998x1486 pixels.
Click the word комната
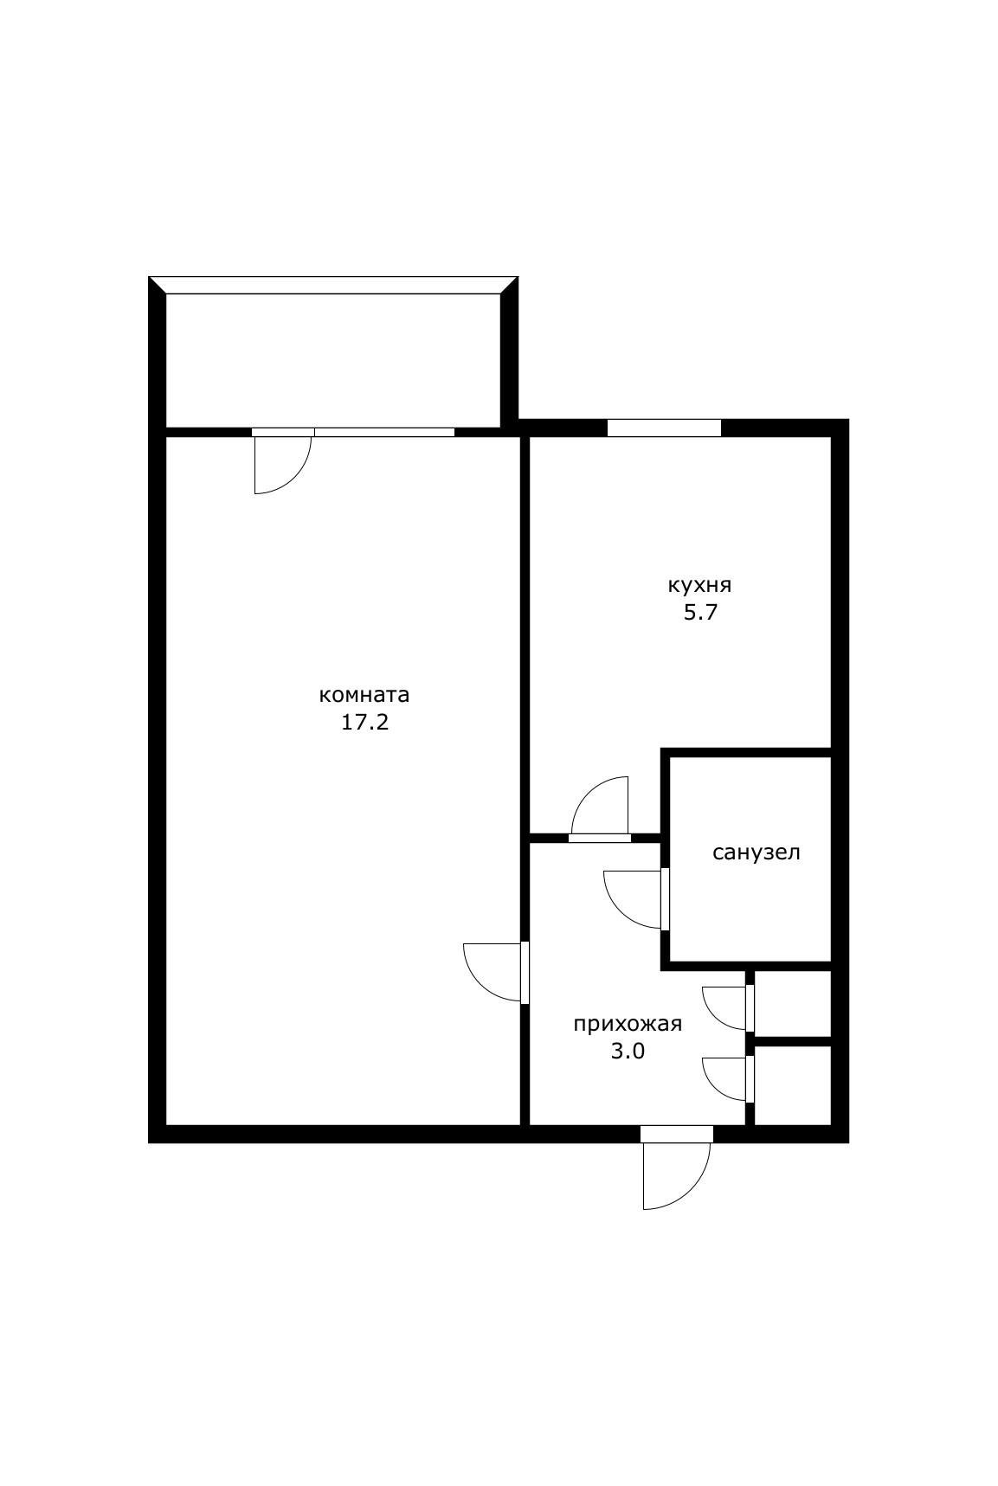coord(364,695)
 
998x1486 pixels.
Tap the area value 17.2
coord(364,723)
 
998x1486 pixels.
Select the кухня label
coord(699,586)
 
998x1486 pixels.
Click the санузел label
coord(757,852)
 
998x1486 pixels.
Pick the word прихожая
coord(628,1025)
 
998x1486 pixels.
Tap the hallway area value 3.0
coord(628,1052)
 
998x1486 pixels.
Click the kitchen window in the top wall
coord(664,428)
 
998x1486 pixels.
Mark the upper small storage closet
coord(793,1003)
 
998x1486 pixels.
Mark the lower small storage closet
coord(793,1085)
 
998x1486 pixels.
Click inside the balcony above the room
coord(333,360)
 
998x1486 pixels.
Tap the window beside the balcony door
coord(383,432)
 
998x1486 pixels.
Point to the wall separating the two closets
coord(793,1040)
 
